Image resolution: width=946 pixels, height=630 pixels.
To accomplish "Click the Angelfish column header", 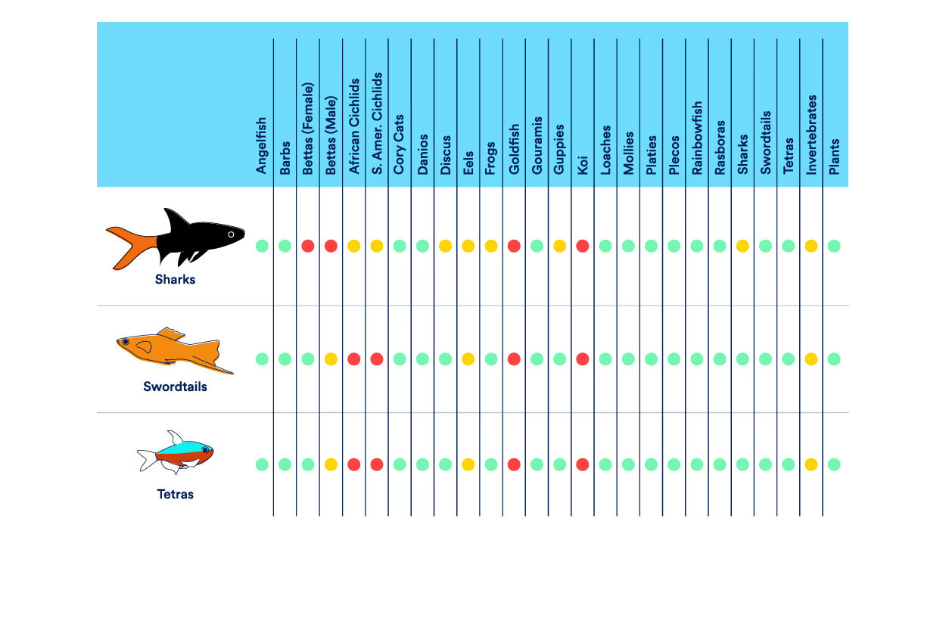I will [262, 146].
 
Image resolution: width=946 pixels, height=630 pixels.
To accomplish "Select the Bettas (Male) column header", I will [331, 135].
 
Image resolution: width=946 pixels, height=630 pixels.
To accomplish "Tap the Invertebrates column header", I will [811, 135].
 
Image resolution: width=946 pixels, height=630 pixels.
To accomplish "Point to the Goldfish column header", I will [514, 150].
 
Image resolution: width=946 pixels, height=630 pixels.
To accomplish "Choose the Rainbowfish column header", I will [697, 138].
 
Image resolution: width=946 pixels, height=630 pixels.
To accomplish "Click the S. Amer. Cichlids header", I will [377, 124].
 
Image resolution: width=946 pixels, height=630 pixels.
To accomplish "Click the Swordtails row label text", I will [175, 386].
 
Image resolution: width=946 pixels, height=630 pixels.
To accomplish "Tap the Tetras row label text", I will [175, 495].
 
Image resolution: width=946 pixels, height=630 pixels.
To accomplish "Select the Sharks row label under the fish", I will [175, 279].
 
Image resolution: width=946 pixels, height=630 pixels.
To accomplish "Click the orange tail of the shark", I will [129, 244].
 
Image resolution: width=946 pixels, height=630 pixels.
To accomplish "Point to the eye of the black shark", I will [232, 234].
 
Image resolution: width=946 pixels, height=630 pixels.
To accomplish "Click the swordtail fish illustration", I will [175, 352].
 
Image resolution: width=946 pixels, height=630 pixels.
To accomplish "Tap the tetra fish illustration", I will [175, 454].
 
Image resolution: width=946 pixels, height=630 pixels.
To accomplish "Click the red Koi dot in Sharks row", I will [582, 246].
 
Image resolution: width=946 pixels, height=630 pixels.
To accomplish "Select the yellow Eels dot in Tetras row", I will [468, 464].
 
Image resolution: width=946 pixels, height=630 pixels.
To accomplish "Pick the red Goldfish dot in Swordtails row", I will [514, 359].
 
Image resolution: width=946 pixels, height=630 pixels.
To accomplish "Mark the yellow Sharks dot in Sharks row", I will [742, 246].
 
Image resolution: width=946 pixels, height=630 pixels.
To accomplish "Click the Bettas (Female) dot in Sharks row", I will [308, 246].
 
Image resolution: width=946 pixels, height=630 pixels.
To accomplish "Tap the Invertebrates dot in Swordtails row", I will [811, 359].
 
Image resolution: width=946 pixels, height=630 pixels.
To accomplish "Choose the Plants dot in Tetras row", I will [834, 464].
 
